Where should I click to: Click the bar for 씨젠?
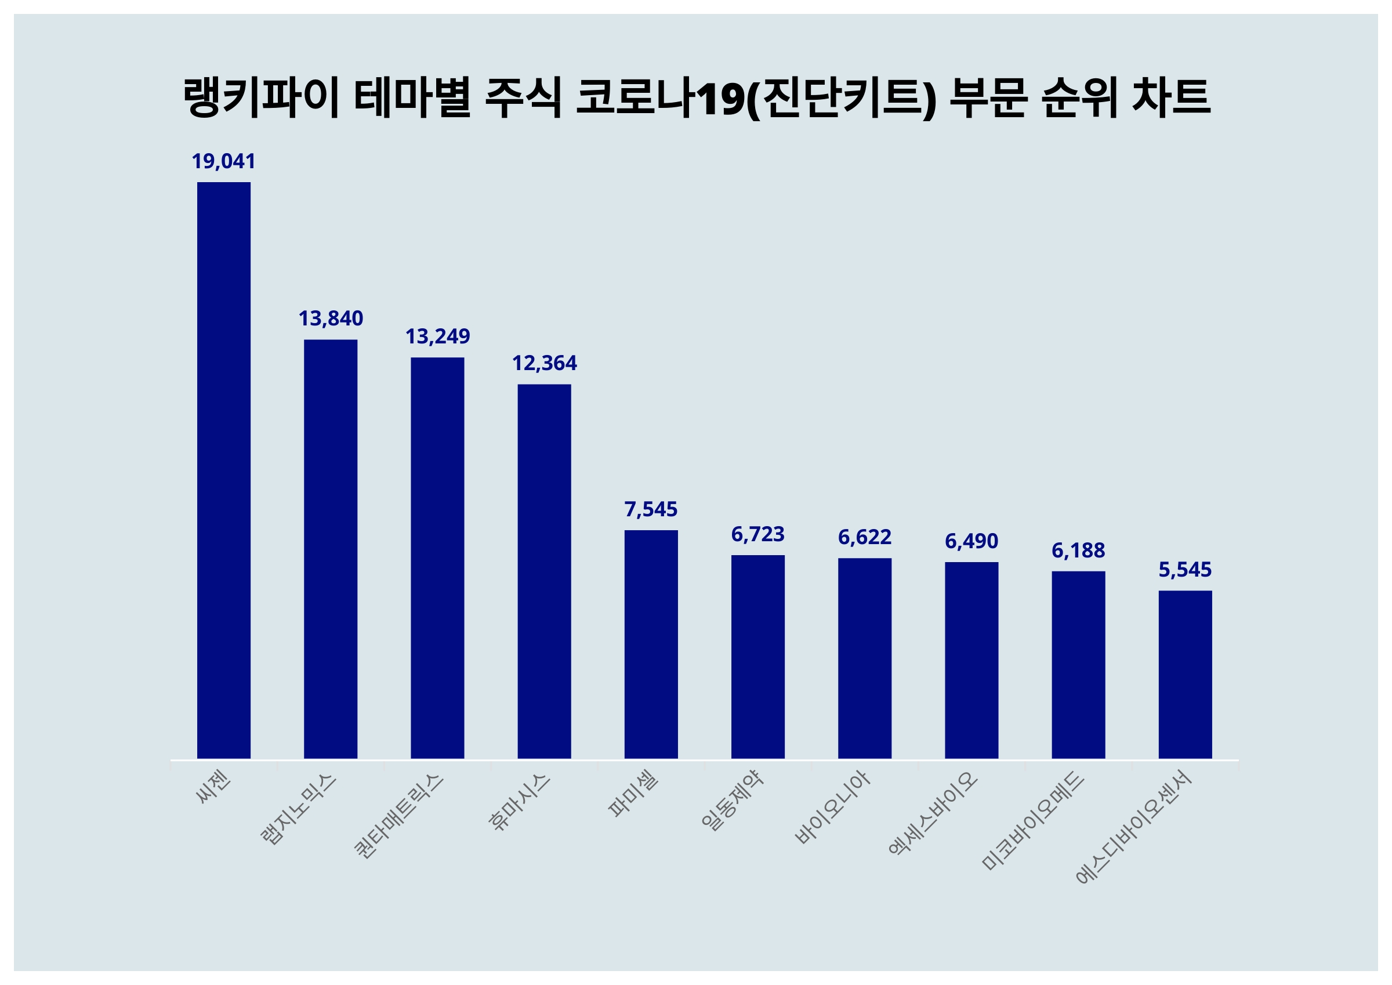pyautogui.click(x=224, y=470)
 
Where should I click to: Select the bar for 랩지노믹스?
pyautogui.click(x=331, y=549)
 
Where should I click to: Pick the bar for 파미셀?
pyautogui.click(x=651, y=644)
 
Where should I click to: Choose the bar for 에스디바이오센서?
pyautogui.click(x=1186, y=675)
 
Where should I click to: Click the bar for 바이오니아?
pyautogui.click(x=865, y=658)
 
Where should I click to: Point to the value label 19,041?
pyautogui.click(x=224, y=161)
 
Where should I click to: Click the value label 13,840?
pyautogui.click(x=331, y=318)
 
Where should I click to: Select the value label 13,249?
pyautogui.click(x=437, y=336)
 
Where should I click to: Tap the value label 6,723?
pyautogui.click(x=758, y=534)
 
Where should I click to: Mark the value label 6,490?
pyautogui.click(x=971, y=541)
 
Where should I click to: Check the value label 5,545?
pyautogui.click(x=1186, y=570)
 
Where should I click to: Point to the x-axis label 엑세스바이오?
pyautogui.click(x=933, y=813)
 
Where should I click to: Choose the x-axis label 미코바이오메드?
pyautogui.click(x=1032, y=820)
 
